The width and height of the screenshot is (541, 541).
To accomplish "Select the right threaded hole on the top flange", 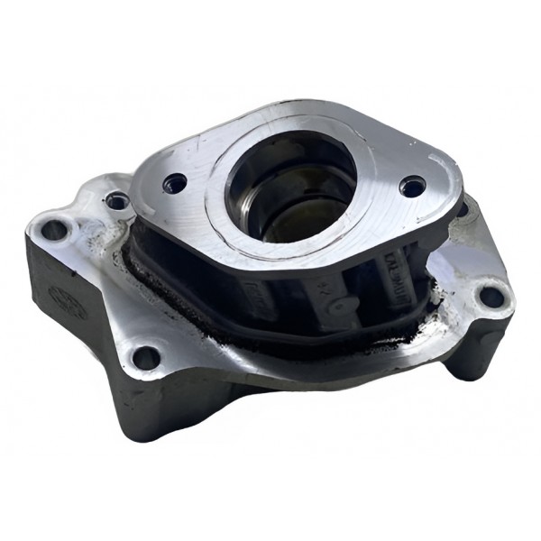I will (412, 188).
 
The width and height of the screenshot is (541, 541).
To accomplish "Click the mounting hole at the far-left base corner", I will (54, 230).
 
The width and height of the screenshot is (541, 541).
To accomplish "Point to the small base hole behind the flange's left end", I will (115, 200).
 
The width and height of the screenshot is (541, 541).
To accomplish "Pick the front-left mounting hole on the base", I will (145, 358).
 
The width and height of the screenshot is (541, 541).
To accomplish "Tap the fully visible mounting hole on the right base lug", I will (490, 295).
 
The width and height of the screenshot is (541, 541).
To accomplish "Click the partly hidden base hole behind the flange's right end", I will (460, 209).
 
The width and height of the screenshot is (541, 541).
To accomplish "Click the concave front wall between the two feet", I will (289, 397).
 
